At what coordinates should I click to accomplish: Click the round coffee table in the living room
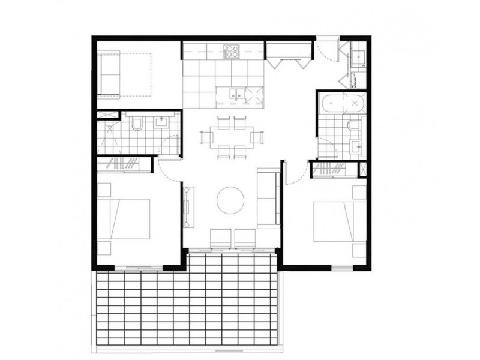click(230, 200)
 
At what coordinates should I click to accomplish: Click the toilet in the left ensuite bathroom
click(137, 125)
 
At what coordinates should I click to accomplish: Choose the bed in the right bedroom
click(339, 221)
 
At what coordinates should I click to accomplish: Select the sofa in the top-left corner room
click(110, 74)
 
